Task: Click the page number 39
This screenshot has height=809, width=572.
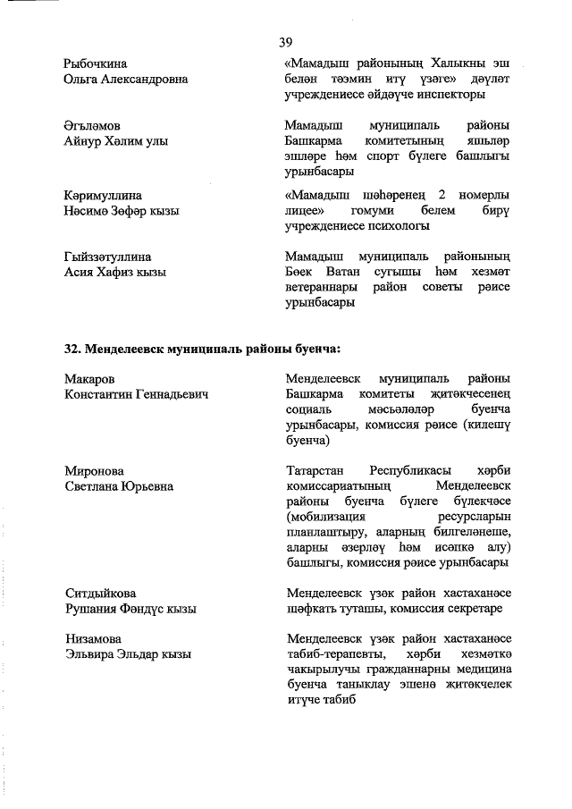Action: tap(286, 42)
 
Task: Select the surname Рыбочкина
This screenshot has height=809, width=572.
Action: tap(96, 63)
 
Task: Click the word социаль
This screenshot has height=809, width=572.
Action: tap(307, 410)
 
